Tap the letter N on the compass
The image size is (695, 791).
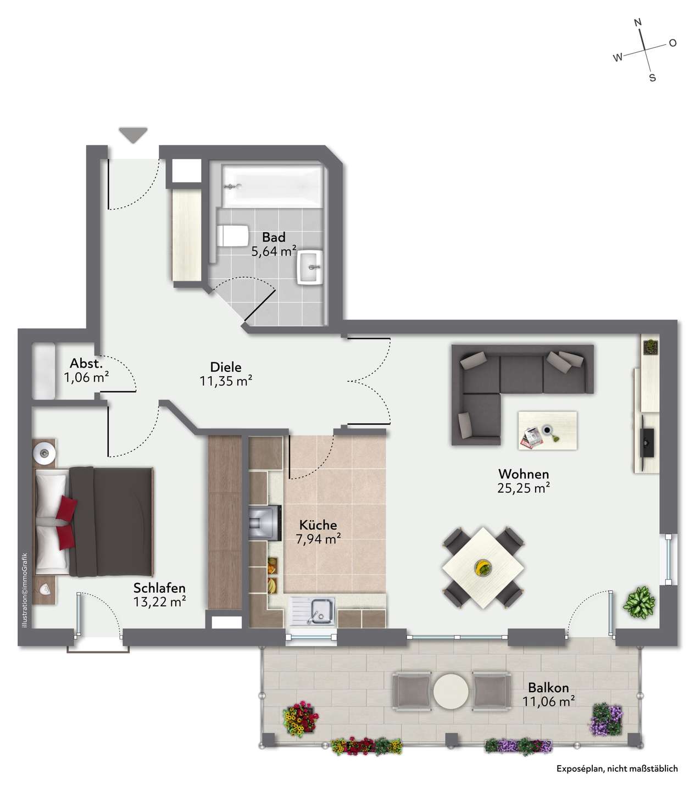coord(638,23)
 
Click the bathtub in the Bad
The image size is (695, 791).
coord(272,186)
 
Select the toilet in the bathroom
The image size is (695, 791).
coord(233,236)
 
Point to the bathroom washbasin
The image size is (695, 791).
coord(310,268)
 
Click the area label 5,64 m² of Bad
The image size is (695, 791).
coord(274,251)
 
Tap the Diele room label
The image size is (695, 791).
coord(226,367)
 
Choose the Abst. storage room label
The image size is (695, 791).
coord(86,363)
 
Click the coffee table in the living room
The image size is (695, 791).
coord(547,430)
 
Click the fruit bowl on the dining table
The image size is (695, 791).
coord(483,567)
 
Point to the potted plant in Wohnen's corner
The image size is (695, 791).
coord(639,602)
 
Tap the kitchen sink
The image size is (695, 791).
coord(312,612)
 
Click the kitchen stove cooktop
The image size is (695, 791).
coord(265,522)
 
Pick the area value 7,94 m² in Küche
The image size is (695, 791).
coord(318,539)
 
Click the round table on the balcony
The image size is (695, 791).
coord(451,690)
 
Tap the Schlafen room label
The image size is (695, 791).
coord(159,588)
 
